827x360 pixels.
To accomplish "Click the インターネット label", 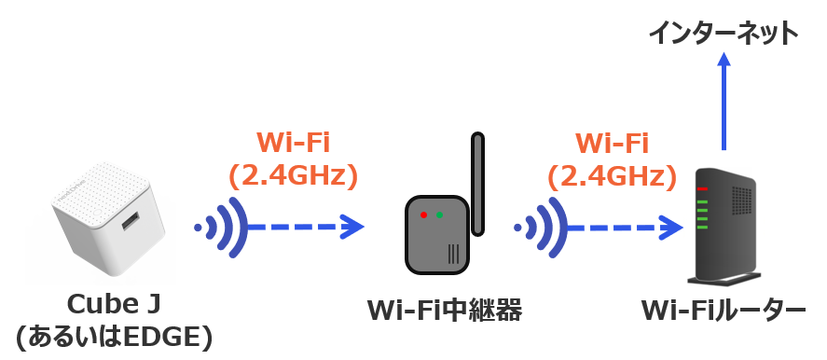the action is pyautogui.click(x=724, y=34).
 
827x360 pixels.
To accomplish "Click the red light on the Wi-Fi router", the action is pyautogui.click(x=702, y=189).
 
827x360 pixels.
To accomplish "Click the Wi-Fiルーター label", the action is pyautogui.click(x=723, y=309).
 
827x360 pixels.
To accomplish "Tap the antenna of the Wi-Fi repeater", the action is pyautogui.click(x=478, y=182).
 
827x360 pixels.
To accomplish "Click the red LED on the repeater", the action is pyautogui.click(x=423, y=215).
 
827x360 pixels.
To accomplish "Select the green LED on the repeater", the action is pyautogui.click(x=439, y=215).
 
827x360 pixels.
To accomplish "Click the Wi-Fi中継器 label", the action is pyautogui.click(x=444, y=309).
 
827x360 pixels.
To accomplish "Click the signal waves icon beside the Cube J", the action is pyautogui.click(x=219, y=227).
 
